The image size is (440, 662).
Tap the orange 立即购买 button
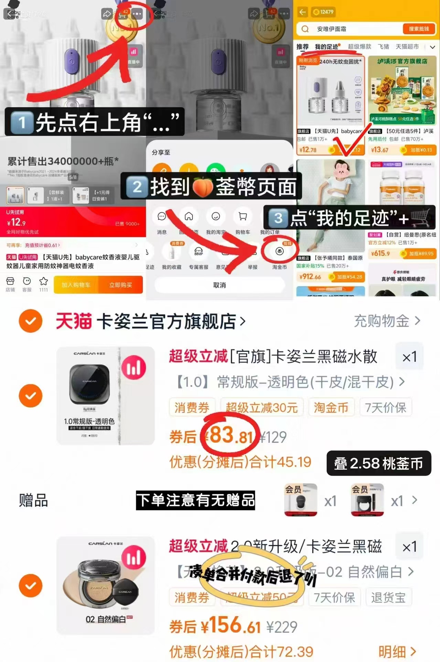pyautogui.click(x=120, y=285)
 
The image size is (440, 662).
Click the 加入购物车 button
pyautogui.click(x=76, y=285)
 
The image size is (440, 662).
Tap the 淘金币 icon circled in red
pyautogui.click(x=279, y=251)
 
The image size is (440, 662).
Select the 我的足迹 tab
pyautogui.click(x=326, y=47)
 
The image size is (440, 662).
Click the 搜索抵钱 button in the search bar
pyautogui.click(x=419, y=29)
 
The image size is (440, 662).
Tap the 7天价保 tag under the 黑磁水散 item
pyautogui.click(x=385, y=408)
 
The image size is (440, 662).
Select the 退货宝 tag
pyautogui.click(x=388, y=598)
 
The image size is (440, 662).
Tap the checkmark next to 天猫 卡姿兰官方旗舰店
pyautogui.click(x=31, y=321)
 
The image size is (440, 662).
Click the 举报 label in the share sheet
pyautogui.click(x=253, y=267)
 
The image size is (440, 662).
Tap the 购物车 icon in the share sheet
pyautogui.click(x=243, y=217)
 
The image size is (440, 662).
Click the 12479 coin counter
pyautogui.click(x=323, y=12)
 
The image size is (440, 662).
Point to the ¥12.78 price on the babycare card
pyautogui.click(x=308, y=150)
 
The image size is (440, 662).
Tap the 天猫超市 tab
pyautogui.click(x=407, y=47)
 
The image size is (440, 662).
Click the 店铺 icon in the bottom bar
pyautogui.click(x=10, y=284)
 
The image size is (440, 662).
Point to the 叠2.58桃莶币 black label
pyautogui.click(x=378, y=463)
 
